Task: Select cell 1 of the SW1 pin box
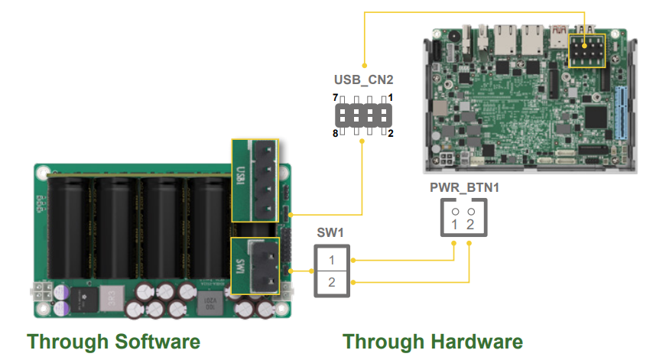[x=332, y=260]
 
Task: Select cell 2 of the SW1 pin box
[x=332, y=284]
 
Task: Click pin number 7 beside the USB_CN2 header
[x=335, y=98]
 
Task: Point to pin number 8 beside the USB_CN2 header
[x=335, y=134]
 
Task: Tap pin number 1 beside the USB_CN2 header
[x=391, y=98]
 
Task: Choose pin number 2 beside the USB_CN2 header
[x=391, y=134]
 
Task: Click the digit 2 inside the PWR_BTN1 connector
[x=471, y=225]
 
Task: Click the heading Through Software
[x=114, y=341]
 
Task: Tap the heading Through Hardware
[x=433, y=341]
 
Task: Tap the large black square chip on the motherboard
[x=595, y=116]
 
